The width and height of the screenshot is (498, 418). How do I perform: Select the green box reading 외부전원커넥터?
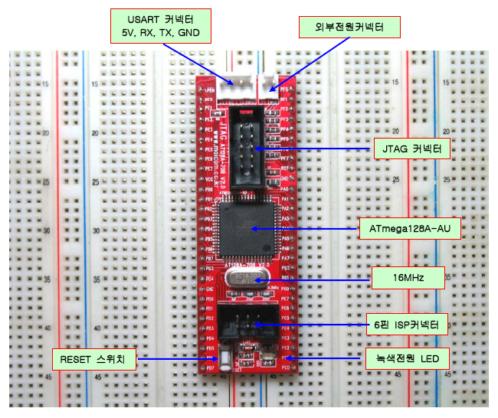click(349, 28)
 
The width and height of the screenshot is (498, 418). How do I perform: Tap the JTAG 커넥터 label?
click(412, 148)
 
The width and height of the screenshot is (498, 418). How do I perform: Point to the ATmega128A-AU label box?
click(410, 229)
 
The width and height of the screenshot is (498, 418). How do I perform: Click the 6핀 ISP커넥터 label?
click(411, 325)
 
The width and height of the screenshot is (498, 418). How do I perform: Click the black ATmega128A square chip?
click(248, 229)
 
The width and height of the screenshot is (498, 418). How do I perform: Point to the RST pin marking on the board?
click(284, 167)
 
